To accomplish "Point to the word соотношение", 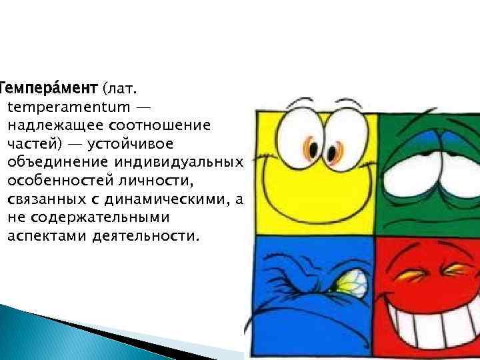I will (x=164, y=125).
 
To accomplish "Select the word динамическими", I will (x=167, y=199).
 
